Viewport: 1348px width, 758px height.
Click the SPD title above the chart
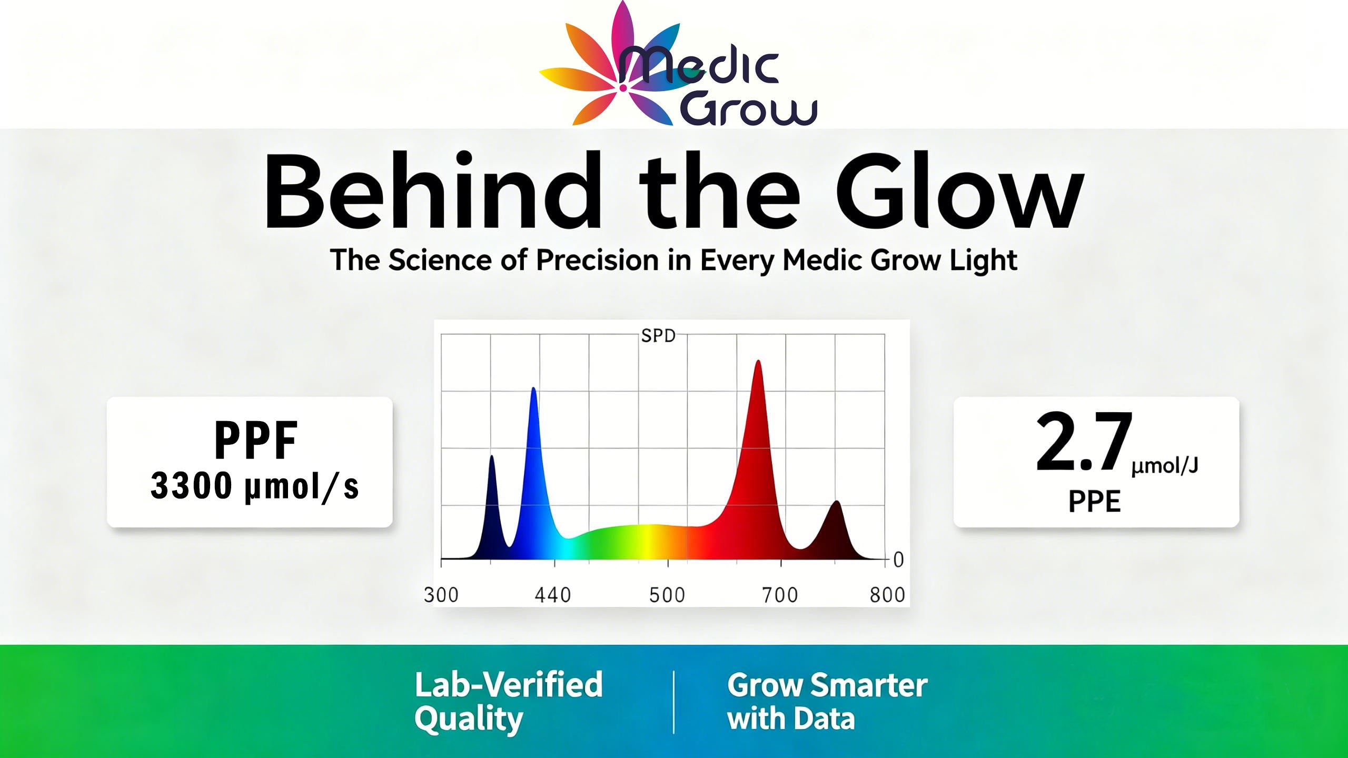[x=658, y=336]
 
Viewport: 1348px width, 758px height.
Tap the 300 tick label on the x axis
[x=441, y=595]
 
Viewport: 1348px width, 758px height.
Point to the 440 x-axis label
[x=553, y=595]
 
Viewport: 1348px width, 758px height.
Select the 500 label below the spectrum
[x=667, y=595]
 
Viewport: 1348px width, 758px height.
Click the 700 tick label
[x=780, y=595]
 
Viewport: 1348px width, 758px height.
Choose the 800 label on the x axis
[x=887, y=595]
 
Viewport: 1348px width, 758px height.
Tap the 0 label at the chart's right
[x=898, y=560]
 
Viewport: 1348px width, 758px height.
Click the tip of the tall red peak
[x=758, y=362]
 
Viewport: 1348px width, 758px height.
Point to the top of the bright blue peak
[x=533, y=389]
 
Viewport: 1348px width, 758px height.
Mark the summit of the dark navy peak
[x=492, y=456]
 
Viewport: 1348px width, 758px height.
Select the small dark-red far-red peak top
[x=836, y=502]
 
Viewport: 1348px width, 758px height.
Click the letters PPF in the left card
[x=256, y=441]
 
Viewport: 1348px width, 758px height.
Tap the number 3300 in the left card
[x=191, y=485]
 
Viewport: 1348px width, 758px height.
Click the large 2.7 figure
[x=1084, y=442]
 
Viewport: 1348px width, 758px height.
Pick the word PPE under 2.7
[x=1094, y=502]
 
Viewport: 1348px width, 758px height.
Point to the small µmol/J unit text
[x=1165, y=466]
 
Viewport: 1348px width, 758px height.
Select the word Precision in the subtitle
[x=597, y=261]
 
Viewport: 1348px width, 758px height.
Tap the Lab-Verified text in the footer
[x=508, y=684]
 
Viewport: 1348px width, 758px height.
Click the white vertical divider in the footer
[x=674, y=702]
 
